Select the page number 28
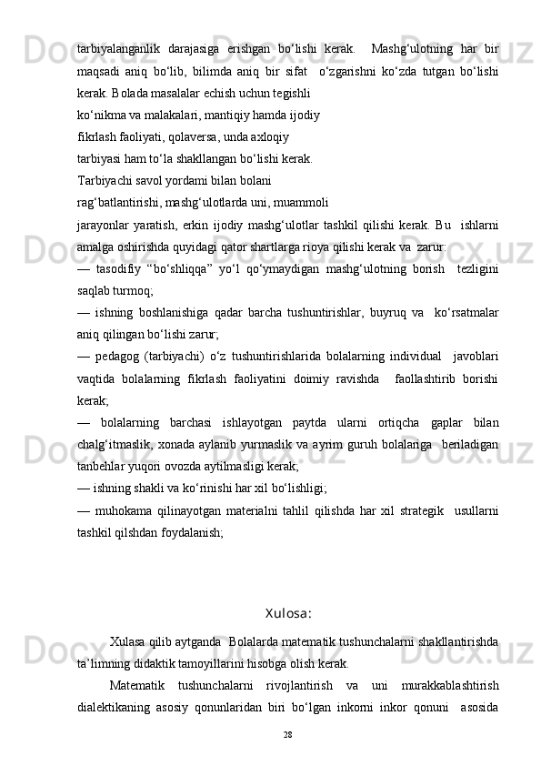coord(288,732)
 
